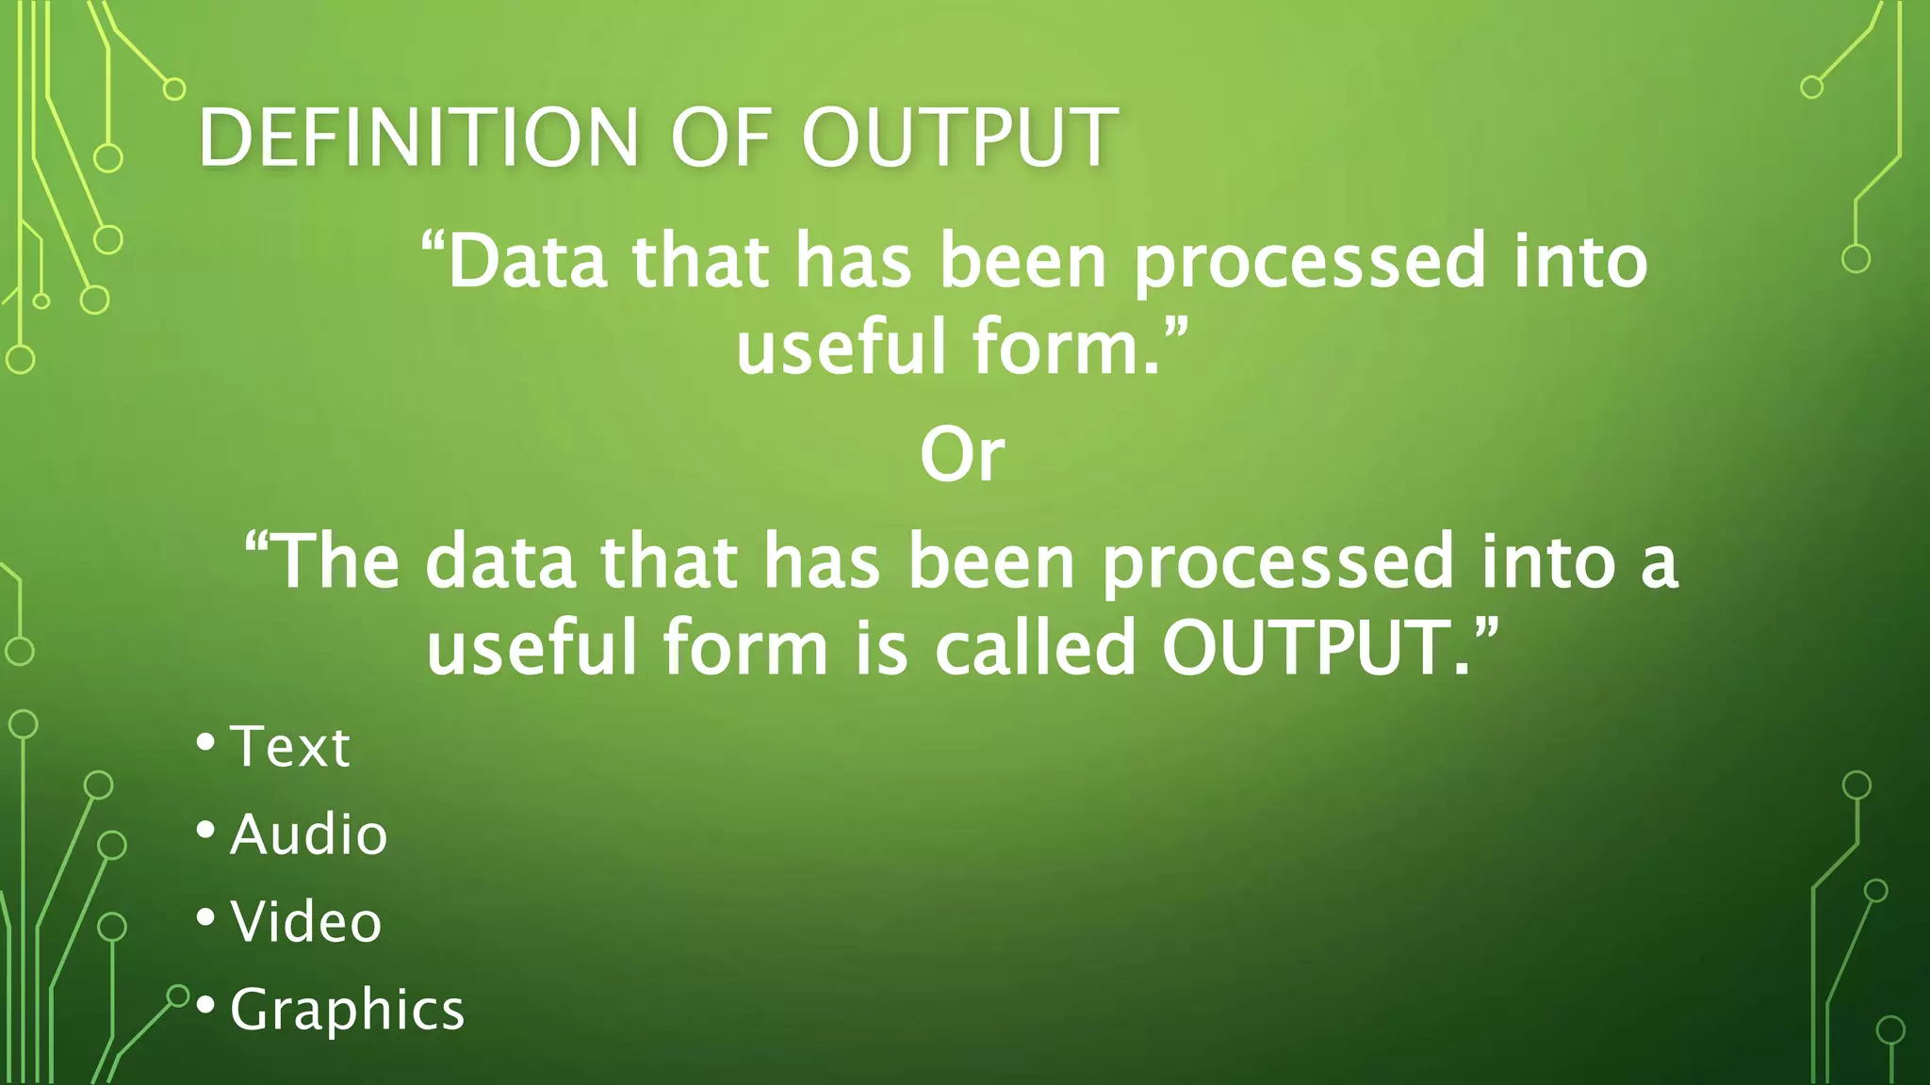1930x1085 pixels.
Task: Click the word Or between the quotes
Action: click(x=962, y=455)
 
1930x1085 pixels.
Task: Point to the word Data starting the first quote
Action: click(x=528, y=261)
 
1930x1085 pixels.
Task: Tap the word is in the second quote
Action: click(x=881, y=648)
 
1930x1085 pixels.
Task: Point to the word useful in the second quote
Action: click(x=532, y=648)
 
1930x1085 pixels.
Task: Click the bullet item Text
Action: click(x=290, y=747)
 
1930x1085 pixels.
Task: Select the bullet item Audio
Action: click(x=308, y=834)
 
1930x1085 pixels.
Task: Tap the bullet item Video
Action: click(x=306, y=921)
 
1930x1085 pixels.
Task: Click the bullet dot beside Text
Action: click(x=205, y=742)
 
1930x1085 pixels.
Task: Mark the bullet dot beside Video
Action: click(x=205, y=916)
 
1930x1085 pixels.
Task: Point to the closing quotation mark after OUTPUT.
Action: click(x=1485, y=626)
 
